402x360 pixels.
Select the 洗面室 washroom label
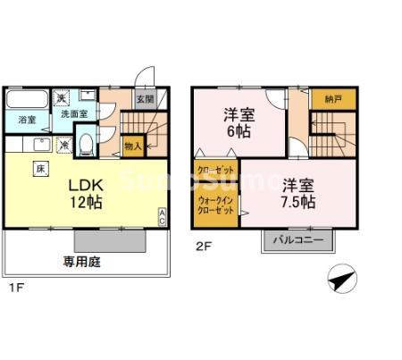[73, 114]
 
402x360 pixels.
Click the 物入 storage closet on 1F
[132, 145]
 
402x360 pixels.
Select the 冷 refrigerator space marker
[64, 144]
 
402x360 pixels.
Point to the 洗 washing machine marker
[62, 99]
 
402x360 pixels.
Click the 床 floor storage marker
[41, 168]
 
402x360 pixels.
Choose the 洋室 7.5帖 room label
[298, 194]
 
